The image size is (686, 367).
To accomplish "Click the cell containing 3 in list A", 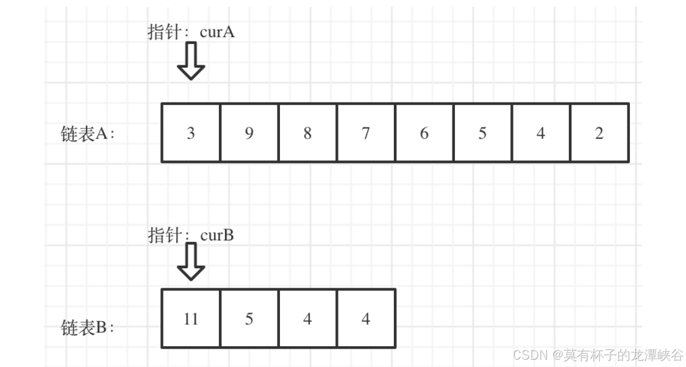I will coord(191,133).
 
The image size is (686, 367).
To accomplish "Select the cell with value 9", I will coord(249,133).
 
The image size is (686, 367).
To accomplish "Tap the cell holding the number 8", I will coord(307,133).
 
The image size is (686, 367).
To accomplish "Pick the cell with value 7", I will coord(366,133).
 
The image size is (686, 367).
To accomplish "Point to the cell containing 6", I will coord(424,133).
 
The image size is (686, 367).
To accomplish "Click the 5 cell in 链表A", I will coord(482,133).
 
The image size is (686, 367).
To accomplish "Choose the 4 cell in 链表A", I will coord(541,133).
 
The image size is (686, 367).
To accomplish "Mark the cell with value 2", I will coord(599,133).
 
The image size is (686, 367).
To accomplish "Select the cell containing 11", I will coord(191,318).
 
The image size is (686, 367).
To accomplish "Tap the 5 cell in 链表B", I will coord(249,318).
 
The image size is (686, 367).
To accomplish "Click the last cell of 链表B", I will coord(366,318).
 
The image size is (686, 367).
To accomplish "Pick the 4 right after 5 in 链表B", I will coord(307,318).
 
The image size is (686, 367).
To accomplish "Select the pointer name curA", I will coord(217,32).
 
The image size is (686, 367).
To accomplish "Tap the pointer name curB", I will coord(217,235).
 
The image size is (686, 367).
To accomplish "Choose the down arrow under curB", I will coord(191,262).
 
